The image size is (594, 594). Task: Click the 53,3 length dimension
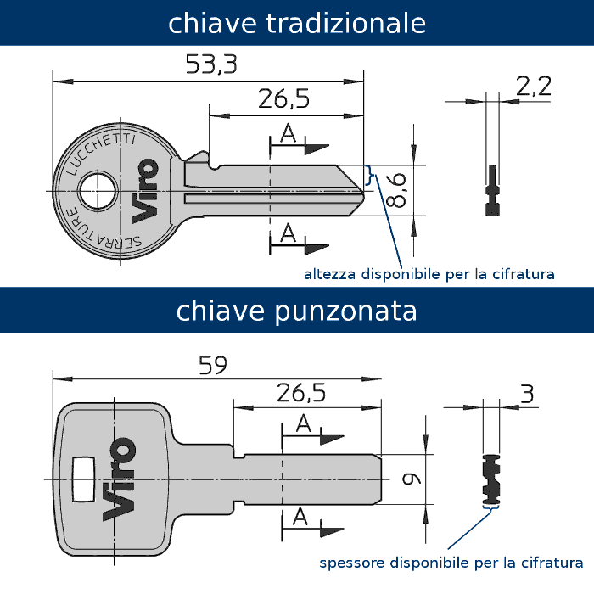tap(211, 64)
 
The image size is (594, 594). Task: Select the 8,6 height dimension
tap(395, 190)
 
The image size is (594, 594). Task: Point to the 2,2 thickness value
tap(534, 87)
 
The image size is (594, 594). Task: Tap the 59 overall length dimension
tap(213, 365)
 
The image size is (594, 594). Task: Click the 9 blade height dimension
tap(412, 479)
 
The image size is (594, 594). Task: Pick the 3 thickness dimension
tap(527, 394)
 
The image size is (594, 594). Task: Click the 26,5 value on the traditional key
tap(283, 98)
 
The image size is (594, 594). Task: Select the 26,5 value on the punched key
tap(301, 392)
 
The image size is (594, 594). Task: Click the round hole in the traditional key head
tap(98, 191)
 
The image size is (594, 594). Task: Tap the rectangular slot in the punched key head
tap(83, 479)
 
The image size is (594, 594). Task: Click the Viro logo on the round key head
tap(145, 191)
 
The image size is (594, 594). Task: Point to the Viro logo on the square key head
tap(119, 479)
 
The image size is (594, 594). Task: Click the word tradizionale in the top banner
tap(346, 23)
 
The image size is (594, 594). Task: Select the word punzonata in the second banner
tap(345, 311)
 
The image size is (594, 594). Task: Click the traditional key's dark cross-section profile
tap(492, 190)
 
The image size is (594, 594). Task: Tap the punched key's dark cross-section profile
tap(491, 479)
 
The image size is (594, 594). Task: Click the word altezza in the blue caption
tap(329, 274)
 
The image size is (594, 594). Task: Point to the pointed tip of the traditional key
tap(363, 191)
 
